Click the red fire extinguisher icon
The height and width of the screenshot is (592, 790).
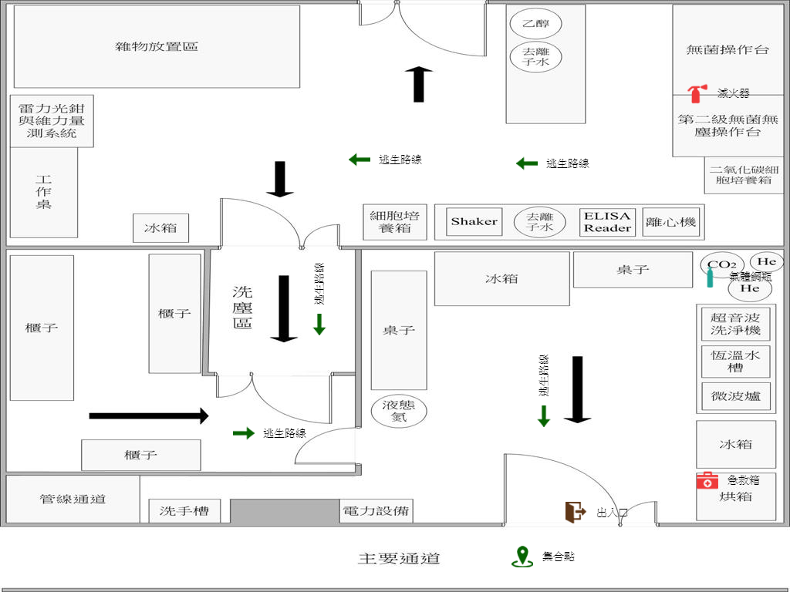coord(696,93)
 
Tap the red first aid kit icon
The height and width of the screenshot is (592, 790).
coord(707,480)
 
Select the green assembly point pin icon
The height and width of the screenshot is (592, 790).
coord(522,557)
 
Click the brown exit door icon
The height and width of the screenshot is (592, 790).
coord(575,512)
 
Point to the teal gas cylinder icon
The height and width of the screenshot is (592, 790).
coord(710,277)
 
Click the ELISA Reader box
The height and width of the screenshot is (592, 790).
coord(607,222)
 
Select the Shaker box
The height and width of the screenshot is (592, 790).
coord(474,222)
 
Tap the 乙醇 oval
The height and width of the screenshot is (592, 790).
coord(536,24)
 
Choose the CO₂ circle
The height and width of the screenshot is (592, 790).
coord(721,264)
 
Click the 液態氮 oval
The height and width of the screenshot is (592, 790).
coord(398,412)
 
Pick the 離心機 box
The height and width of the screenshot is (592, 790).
coord(670,222)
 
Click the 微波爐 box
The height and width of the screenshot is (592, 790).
coord(736,396)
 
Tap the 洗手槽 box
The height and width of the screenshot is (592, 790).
coord(184,510)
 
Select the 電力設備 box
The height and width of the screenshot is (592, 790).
coord(376,510)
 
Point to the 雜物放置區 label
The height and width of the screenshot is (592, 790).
coord(157,46)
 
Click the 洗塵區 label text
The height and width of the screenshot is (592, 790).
coord(243,307)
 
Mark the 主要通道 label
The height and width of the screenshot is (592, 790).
coord(399,559)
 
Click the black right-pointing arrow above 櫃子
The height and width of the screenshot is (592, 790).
coord(149,416)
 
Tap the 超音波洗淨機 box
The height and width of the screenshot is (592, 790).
coord(736,324)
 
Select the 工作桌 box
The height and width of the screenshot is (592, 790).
coord(44,192)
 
